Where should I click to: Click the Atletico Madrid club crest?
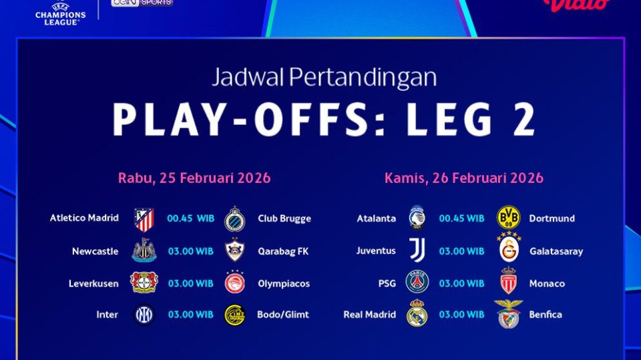coord(144,219)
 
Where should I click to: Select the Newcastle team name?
coord(95,251)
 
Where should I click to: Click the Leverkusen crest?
coord(144,283)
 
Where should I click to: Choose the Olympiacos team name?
coord(284,283)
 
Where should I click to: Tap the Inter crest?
coord(144,315)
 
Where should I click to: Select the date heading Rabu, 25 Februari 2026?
coord(194,178)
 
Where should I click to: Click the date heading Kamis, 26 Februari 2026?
coord(464,178)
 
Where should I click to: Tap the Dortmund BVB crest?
coord(509,218)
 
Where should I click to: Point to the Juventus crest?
coord(417,251)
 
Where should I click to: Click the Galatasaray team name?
coord(556,251)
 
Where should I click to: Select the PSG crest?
coord(417,283)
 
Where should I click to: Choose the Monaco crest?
coord(509,283)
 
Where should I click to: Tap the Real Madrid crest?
coord(417,315)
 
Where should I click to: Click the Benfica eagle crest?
coord(509,315)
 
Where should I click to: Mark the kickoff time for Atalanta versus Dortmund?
coord(461,218)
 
